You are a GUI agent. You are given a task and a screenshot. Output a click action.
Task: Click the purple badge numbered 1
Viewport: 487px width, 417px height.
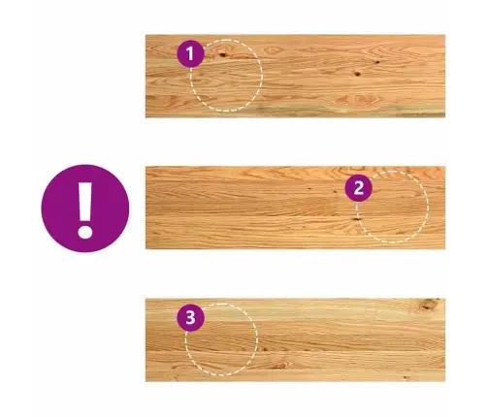(190, 53)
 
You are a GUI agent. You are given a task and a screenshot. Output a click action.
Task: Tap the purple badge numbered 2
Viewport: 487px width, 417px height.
(359, 188)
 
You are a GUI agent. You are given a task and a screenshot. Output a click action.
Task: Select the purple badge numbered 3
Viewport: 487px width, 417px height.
(190, 317)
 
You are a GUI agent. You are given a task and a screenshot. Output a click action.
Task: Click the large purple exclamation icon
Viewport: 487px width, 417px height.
(85, 208)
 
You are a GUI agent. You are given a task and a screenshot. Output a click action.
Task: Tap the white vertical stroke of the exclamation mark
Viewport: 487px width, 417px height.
(85, 202)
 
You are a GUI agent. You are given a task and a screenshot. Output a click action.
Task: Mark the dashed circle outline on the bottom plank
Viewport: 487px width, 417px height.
(258, 339)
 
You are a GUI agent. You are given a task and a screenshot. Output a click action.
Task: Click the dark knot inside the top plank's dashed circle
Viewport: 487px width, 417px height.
(222, 54)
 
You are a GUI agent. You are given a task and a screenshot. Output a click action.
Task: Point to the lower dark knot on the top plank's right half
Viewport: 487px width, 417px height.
(357, 74)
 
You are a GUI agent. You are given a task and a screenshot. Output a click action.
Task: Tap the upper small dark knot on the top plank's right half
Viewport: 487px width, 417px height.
(377, 62)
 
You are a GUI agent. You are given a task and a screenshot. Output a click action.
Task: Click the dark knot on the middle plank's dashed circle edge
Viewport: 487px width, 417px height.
(356, 219)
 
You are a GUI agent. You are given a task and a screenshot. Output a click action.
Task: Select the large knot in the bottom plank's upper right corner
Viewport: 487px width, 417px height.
(429, 305)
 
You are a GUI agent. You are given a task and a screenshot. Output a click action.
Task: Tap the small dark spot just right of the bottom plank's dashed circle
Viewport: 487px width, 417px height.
(265, 349)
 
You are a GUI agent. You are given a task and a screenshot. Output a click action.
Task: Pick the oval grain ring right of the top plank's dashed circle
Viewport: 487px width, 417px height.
(273, 50)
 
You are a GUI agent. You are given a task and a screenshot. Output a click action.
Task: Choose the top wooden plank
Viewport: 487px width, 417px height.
(295, 76)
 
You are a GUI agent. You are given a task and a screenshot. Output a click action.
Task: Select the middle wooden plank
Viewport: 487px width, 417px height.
(295, 208)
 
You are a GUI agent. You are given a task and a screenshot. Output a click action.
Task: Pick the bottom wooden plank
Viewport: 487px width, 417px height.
(295, 340)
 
